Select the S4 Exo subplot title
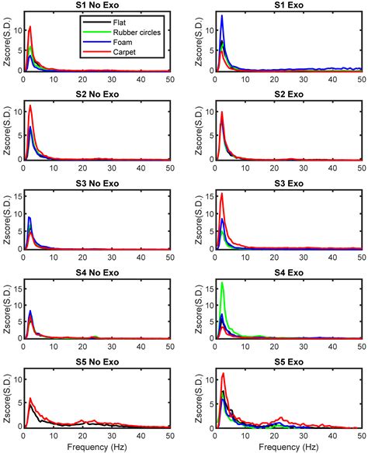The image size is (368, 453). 289,273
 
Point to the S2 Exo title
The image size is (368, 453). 289,96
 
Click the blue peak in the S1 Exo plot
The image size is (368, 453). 222,16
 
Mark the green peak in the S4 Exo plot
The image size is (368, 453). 222,284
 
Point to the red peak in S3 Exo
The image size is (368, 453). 222,194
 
